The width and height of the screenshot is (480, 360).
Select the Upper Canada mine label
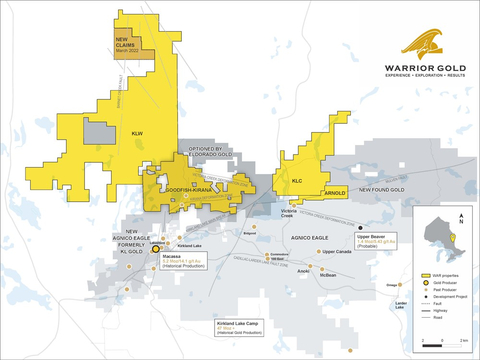pos(342,252)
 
